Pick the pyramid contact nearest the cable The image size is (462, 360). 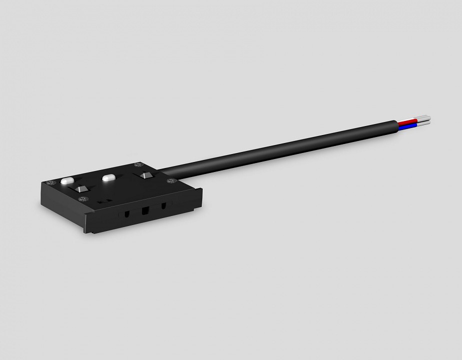[146, 175]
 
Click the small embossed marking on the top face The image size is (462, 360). [103, 200]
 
